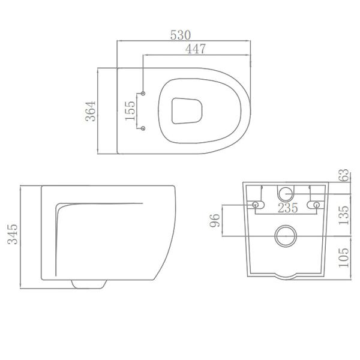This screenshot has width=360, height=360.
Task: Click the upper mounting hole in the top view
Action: click(143, 93)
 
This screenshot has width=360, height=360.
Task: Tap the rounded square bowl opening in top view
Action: click(185, 110)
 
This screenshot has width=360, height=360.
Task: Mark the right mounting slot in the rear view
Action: click(313, 205)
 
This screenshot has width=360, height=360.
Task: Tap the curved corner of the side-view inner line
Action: click(58, 207)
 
